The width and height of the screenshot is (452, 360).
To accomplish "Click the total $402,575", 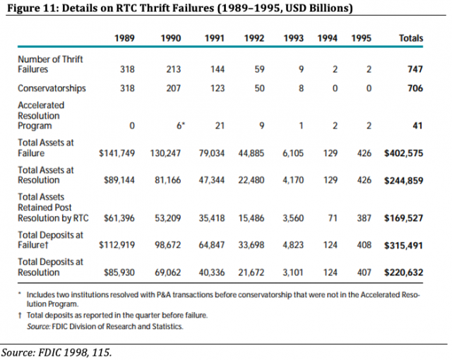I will [403, 152].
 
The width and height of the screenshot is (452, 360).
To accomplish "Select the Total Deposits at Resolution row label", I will [50, 266].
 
